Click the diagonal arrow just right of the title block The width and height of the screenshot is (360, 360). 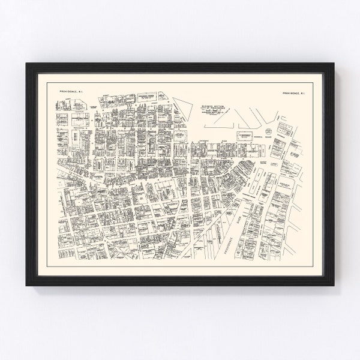[x=242, y=114]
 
